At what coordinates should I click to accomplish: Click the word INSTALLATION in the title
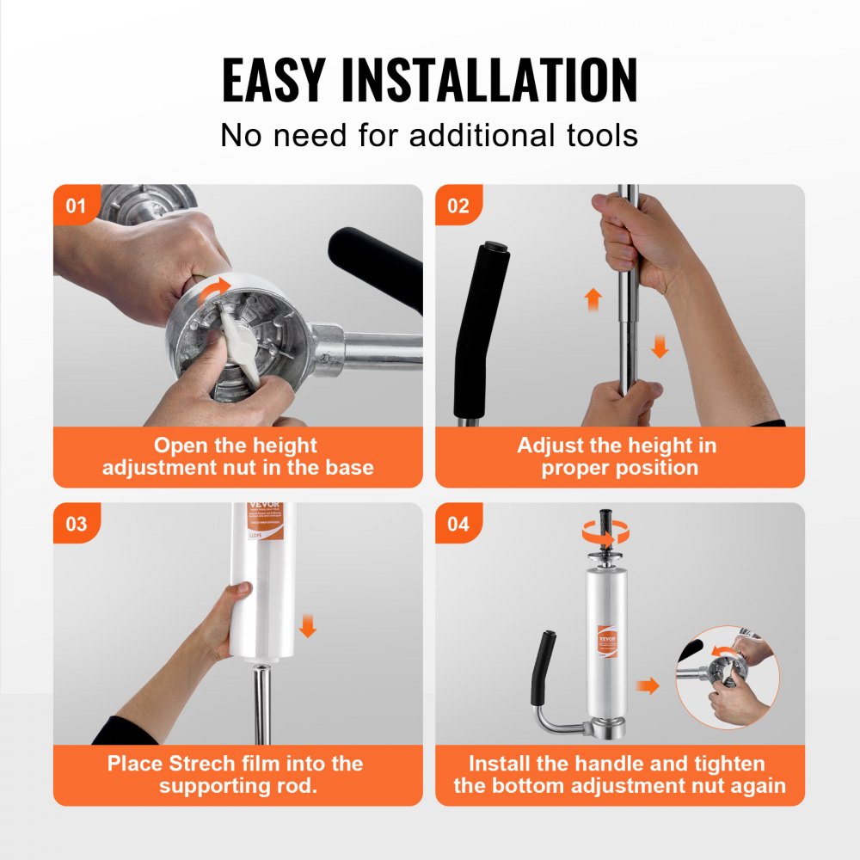[489, 81]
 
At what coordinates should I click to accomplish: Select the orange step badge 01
[76, 206]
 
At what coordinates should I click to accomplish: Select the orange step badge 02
[458, 206]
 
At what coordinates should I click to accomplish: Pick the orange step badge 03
[76, 524]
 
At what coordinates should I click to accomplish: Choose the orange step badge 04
[458, 524]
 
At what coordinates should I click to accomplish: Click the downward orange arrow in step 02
[659, 347]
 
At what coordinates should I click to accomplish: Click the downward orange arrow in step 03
[308, 625]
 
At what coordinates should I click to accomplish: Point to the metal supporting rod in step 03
[261, 701]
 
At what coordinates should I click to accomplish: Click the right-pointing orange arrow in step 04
[648, 685]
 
